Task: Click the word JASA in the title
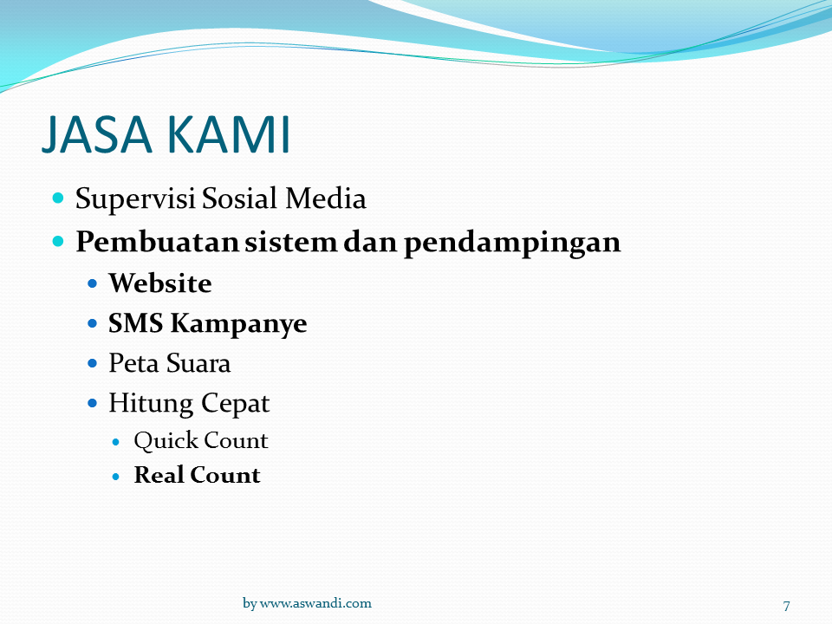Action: tap(97, 134)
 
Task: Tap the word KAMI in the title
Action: tap(229, 134)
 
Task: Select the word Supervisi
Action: tap(135, 199)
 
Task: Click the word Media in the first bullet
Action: tap(325, 198)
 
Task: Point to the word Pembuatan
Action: tap(157, 242)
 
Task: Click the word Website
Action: tap(160, 283)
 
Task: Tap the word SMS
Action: tap(135, 323)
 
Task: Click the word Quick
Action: tap(165, 441)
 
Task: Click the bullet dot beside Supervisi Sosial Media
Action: tap(58, 198)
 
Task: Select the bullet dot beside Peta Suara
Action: tap(93, 363)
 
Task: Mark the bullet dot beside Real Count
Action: tap(116, 477)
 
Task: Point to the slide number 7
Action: tap(786, 606)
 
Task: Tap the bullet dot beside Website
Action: tap(93, 283)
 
